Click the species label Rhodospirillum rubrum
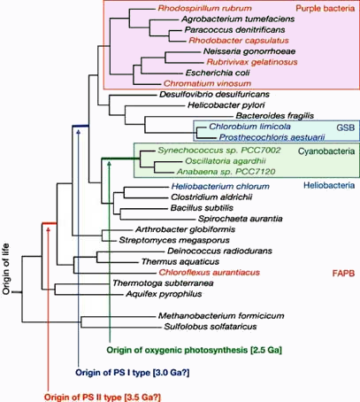tap(204, 8)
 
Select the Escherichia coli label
tap(218, 73)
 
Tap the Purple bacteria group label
tap(326, 8)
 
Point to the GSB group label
tap(346, 128)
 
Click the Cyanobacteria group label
tap(326, 151)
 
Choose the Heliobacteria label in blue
tap(329, 185)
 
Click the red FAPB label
tap(343, 273)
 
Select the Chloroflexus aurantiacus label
tap(210, 272)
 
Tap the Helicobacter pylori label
tap(226, 105)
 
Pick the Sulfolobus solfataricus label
tap(211, 327)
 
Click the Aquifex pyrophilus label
tap(164, 294)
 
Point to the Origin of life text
tap(6, 269)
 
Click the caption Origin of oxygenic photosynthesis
tap(177, 350)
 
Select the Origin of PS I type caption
tap(112, 373)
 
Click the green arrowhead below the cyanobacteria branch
tap(110, 164)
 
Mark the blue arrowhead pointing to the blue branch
tap(78, 132)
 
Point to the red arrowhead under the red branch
tap(49, 228)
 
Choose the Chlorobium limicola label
tap(249, 127)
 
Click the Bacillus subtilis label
tap(202, 208)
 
